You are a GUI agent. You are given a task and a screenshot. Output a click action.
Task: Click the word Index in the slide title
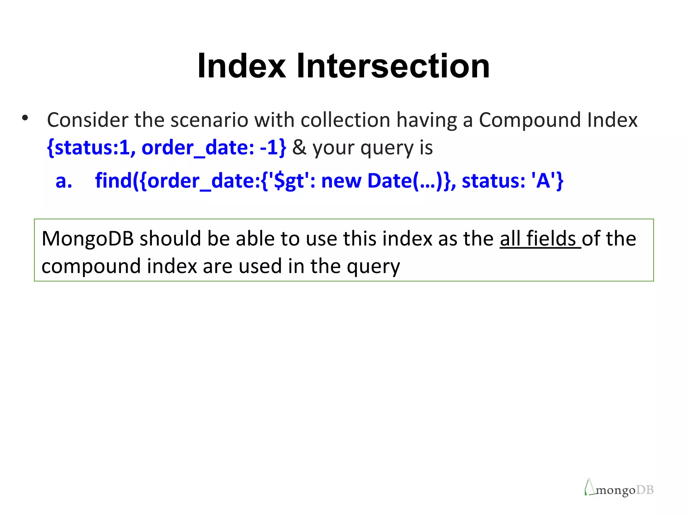(x=241, y=66)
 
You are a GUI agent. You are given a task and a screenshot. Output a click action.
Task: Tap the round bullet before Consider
(x=25, y=118)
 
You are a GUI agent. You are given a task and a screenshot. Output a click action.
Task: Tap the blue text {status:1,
(x=91, y=147)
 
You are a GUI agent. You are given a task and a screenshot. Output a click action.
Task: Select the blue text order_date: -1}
(x=214, y=147)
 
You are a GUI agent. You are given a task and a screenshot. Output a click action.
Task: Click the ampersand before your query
(x=299, y=147)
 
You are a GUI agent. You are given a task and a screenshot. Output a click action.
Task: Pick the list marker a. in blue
(x=64, y=181)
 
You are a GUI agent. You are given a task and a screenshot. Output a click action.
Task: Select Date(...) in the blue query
(x=405, y=181)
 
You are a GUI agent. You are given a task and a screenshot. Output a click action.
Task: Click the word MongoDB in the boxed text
(x=88, y=239)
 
